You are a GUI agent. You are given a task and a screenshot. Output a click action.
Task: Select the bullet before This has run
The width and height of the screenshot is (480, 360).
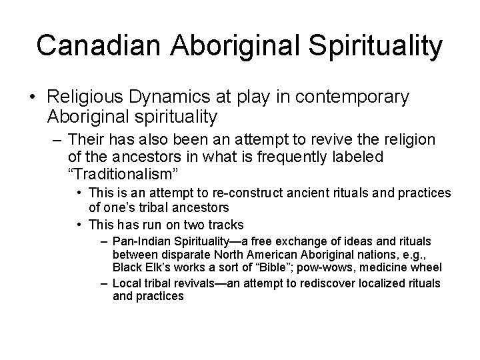pyautogui.click(x=79, y=223)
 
